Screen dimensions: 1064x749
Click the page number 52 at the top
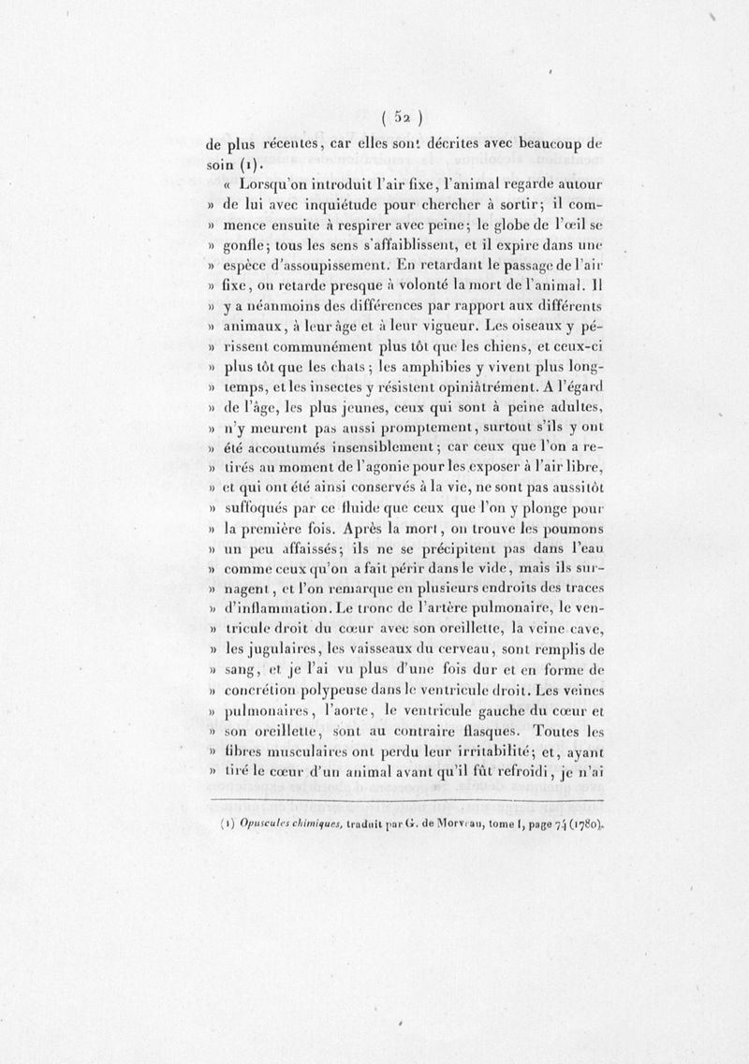(x=404, y=118)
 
